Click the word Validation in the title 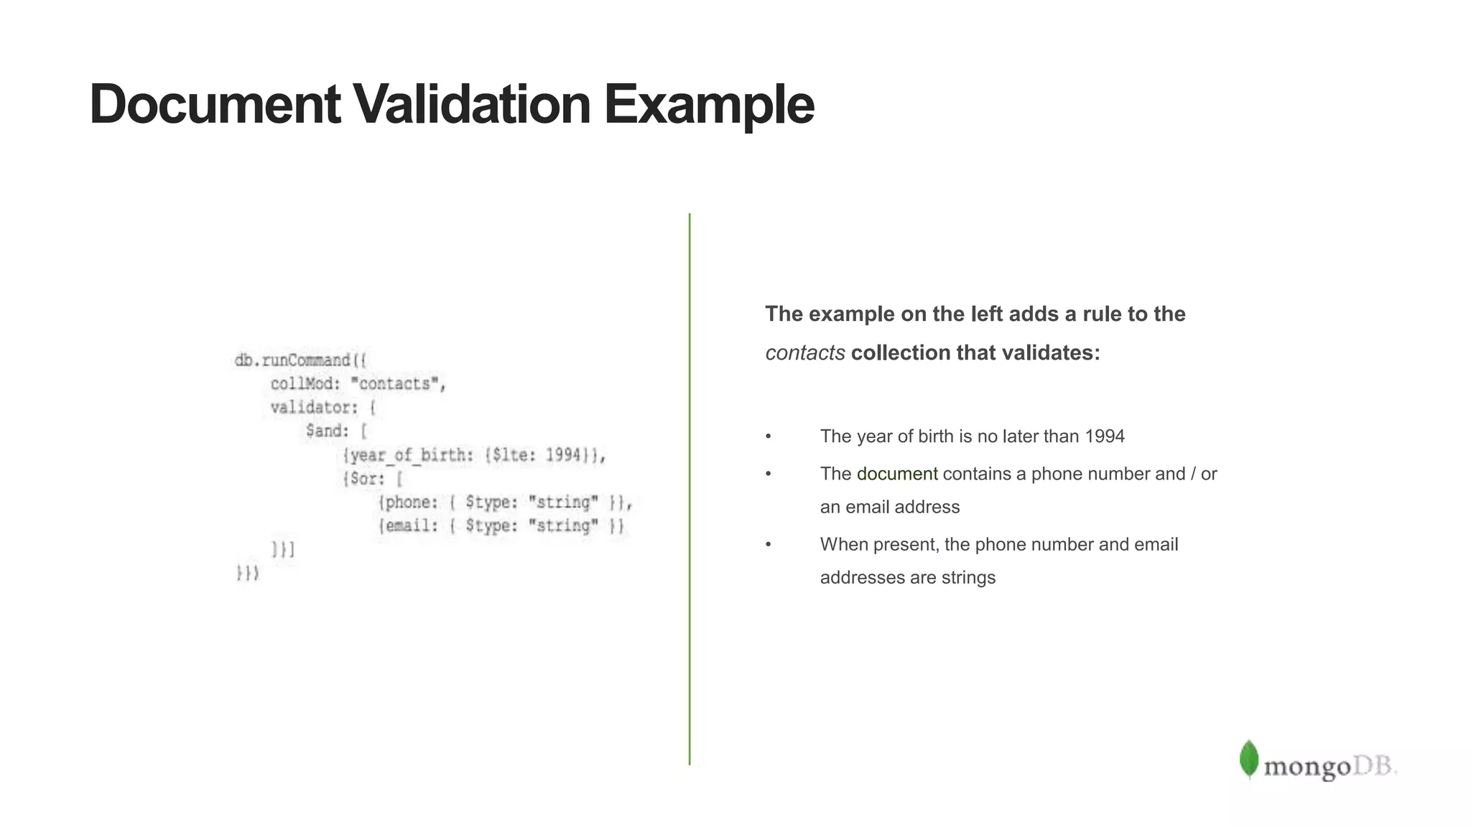(x=472, y=105)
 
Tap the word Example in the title (x=709, y=105)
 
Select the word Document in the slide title (x=215, y=105)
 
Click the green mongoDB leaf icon (x=1248, y=759)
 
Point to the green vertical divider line (x=690, y=488)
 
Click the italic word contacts (x=804, y=353)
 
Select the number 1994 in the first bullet (x=1104, y=436)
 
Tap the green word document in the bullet (x=896, y=474)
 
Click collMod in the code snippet (x=301, y=384)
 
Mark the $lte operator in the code (x=511, y=455)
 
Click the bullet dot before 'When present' (x=768, y=545)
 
